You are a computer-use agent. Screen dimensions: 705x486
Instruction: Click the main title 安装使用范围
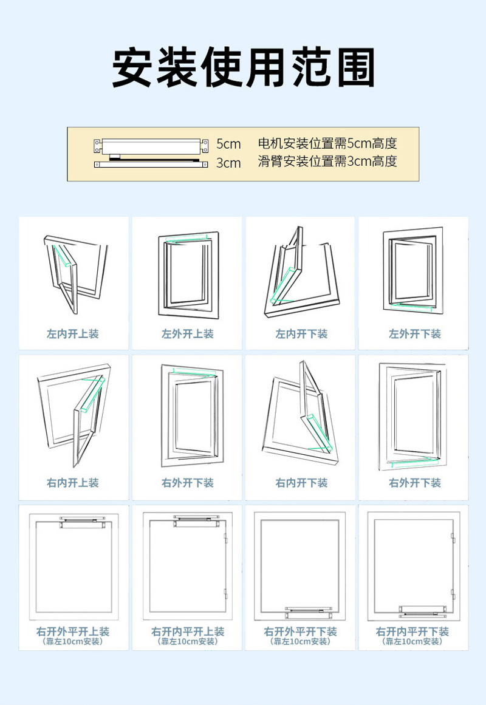tap(243, 67)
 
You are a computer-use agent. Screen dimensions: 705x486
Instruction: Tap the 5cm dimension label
tap(228, 144)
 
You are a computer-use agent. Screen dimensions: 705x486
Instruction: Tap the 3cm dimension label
tap(228, 163)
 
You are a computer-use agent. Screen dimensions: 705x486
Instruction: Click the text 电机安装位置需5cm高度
tap(327, 144)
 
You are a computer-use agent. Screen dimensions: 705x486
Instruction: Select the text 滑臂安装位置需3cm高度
tap(327, 162)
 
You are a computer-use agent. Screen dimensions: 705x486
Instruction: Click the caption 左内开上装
tap(73, 333)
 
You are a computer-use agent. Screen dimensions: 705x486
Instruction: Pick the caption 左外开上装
tap(187, 333)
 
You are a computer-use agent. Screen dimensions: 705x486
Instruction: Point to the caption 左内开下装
tap(301, 333)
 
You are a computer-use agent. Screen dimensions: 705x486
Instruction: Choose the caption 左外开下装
tap(415, 333)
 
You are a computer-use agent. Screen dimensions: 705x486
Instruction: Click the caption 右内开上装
tap(73, 483)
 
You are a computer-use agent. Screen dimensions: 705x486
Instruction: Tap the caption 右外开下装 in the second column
tap(187, 483)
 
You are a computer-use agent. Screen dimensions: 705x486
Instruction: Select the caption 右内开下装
tap(301, 483)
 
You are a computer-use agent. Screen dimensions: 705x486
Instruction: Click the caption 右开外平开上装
tap(73, 632)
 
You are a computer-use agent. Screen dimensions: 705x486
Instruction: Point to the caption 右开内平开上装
tap(187, 632)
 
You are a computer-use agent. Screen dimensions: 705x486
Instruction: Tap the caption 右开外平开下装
tap(301, 632)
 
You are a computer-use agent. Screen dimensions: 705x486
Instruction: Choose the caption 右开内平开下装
tap(415, 632)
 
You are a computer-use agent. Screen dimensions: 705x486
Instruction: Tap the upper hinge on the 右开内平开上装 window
tap(225, 539)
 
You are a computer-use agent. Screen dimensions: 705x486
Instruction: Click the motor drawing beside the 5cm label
tap(151, 146)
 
